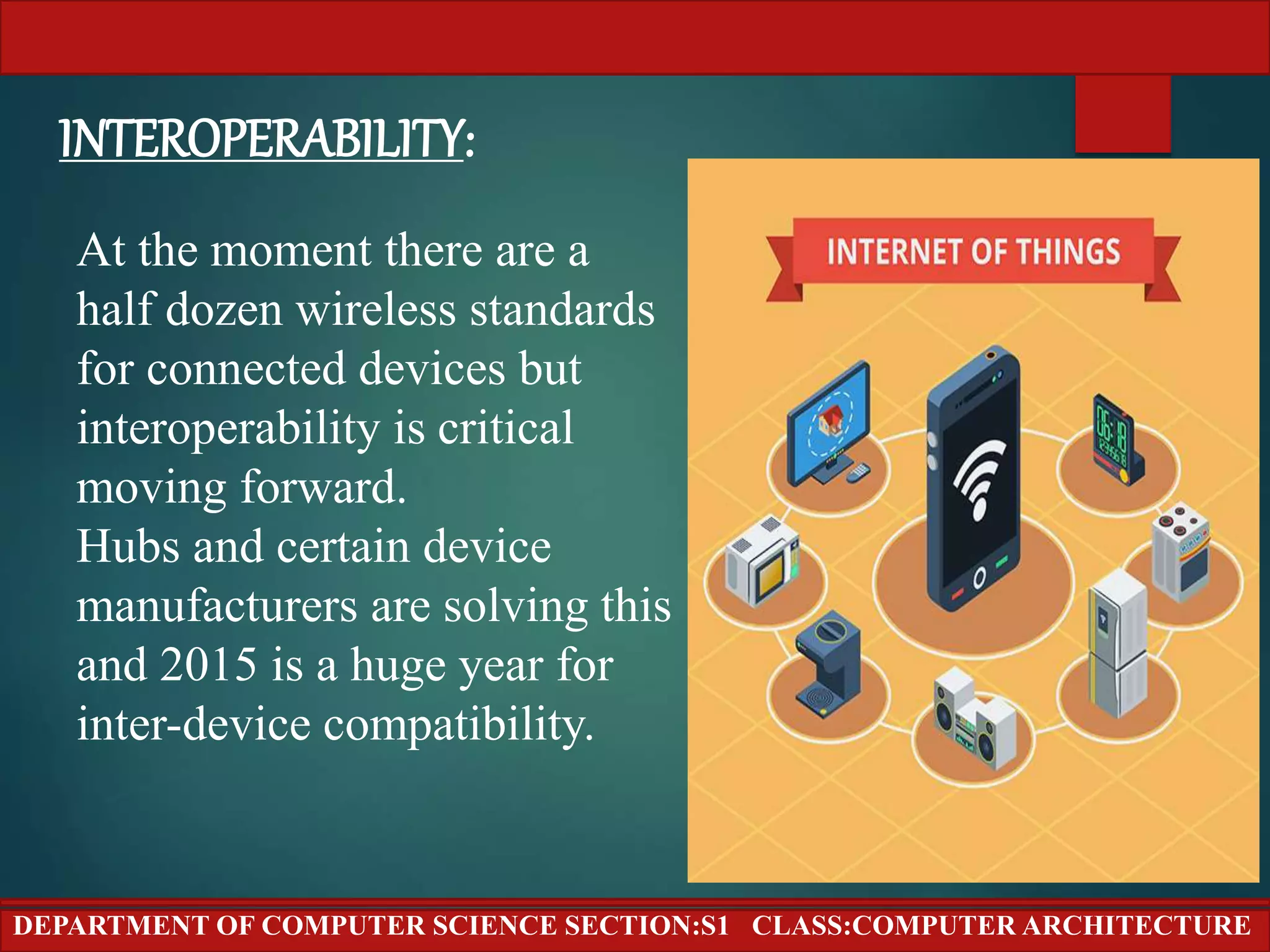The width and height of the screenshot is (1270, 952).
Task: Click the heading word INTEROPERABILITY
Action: click(x=260, y=139)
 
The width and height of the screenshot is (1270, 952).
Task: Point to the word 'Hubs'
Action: click(x=128, y=547)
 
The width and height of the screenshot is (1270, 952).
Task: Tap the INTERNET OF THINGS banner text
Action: click(x=974, y=252)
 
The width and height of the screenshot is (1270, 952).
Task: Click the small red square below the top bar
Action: click(x=1122, y=114)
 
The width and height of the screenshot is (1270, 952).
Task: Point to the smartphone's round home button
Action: click(x=979, y=578)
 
